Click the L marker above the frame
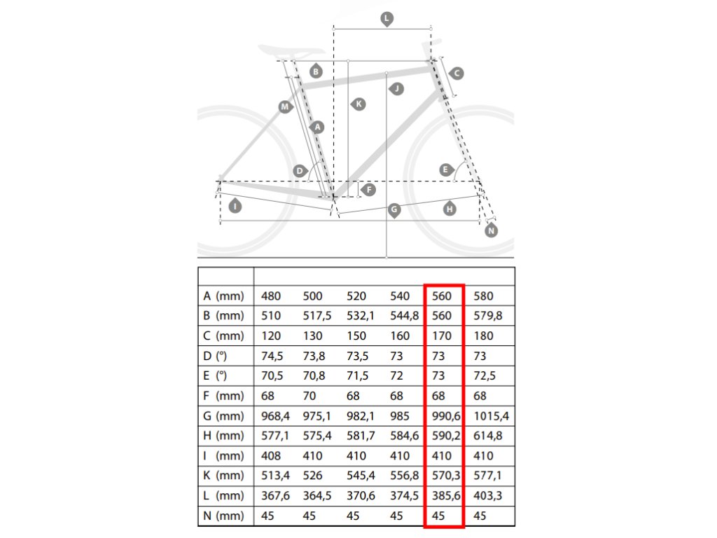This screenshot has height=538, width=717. (387, 18)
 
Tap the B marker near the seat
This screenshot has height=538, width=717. (316, 71)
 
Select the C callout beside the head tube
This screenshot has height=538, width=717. (457, 73)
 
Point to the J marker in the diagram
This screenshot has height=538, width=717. (397, 88)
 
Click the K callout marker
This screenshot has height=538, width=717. (358, 104)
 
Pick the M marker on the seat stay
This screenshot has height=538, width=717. (285, 106)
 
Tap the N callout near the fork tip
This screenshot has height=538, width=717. (491, 230)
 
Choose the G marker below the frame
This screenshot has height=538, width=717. (394, 209)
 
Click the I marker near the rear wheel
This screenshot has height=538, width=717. (235, 206)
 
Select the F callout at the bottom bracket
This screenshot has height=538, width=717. (368, 189)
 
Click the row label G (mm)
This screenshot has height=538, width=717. (224, 416)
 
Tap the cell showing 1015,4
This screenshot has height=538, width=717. (491, 416)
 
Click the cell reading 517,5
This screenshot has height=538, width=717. (316, 316)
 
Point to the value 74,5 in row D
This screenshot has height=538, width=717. (273, 356)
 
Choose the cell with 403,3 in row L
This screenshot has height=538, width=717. (488, 497)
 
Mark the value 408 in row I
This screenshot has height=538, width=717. (270, 456)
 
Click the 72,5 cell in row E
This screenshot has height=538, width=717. (485, 376)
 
